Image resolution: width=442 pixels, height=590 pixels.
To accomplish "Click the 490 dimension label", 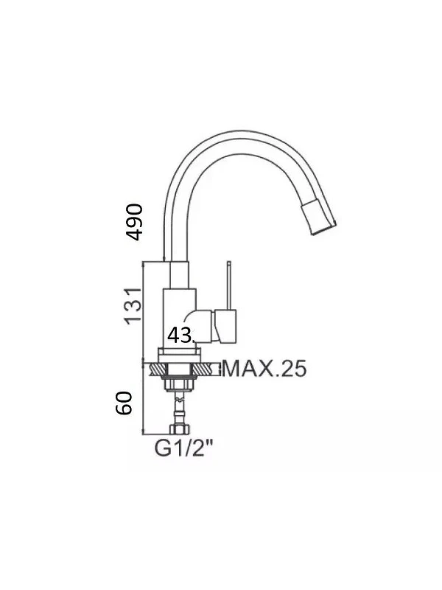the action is point(134,222).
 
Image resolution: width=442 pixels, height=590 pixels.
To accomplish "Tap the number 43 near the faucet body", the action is point(180,335).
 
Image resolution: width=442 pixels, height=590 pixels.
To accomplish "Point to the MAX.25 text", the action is point(264,368).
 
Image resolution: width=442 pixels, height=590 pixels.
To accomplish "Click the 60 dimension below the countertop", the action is point(124,403).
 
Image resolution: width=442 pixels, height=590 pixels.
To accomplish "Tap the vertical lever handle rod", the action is point(228,285).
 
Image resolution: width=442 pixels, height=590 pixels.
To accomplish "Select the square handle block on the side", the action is point(225,326).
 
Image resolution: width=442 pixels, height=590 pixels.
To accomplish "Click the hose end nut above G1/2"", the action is point(180,429).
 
